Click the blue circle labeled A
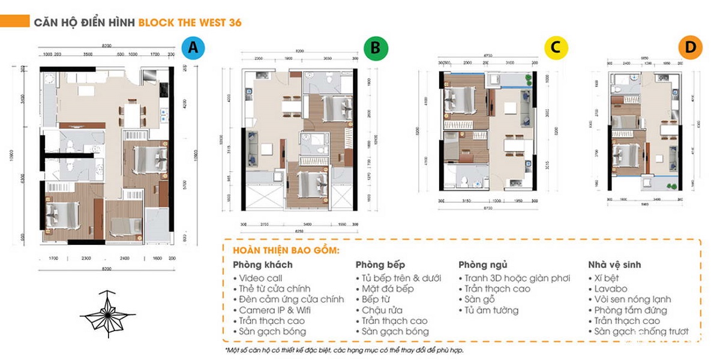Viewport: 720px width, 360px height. tap(192, 47)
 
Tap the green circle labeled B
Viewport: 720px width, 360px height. tap(376, 48)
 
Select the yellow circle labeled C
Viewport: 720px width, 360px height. tap(556, 48)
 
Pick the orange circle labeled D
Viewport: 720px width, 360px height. tap(690, 48)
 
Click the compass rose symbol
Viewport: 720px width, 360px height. tap(107, 313)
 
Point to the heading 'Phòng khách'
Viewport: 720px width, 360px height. tap(263, 265)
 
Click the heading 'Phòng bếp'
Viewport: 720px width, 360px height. tap(380, 265)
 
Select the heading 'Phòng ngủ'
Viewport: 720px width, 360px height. tap(483, 265)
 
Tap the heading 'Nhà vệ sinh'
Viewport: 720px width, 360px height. tap(614, 265)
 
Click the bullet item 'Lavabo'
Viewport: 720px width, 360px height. tap(611, 289)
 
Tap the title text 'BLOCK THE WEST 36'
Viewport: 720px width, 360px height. tap(190, 23)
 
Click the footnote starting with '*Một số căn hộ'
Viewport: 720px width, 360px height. tap(344, 349)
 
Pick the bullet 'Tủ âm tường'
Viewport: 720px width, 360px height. tap(491, 310)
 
